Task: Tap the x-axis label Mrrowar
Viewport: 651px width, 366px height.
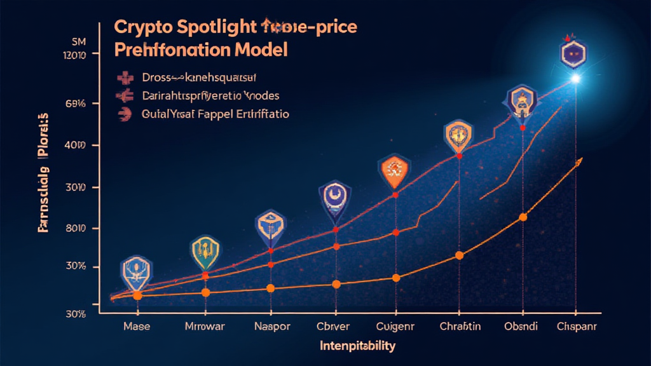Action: [x=205, y=327]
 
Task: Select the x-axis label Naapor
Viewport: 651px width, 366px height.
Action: [x=271, y=327]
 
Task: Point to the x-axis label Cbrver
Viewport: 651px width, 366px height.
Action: [x=334, y=327]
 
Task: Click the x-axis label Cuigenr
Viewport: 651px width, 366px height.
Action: [x=395, y=327]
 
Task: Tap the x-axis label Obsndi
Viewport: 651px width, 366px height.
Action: [x=523, y=327]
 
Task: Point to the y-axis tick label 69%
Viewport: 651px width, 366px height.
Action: [x=75, y=104]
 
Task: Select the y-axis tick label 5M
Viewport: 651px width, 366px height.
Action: [x=78, y=42]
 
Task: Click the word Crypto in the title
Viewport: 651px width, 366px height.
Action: [x=138, y=28]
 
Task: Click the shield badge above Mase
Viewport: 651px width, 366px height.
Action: [x=136, y=271]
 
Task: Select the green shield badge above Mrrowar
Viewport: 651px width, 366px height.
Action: [x=205, y=252]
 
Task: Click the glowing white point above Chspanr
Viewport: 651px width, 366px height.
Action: [x=577, y=79]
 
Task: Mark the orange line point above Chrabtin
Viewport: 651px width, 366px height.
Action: [x=460, y=255]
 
